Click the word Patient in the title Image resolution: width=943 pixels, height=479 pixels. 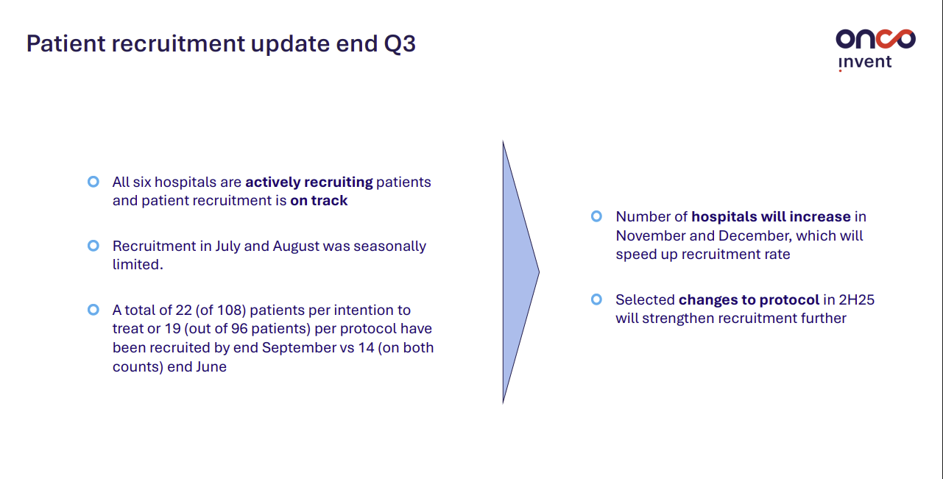click(x=66, y=43)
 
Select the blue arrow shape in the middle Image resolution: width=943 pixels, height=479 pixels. click(x=520, y=272)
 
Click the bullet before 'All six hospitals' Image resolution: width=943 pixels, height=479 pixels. click(x=93, y=182)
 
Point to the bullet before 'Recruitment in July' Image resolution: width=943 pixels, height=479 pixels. click(x=93, y=246)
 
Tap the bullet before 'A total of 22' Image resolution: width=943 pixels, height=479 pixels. click(x=93, y=310)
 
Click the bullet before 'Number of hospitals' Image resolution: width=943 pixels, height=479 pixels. click(x=596, y=216)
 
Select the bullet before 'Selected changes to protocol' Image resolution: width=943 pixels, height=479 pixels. click(x=596, y=299)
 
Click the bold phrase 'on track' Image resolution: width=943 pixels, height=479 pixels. click(x=319, y=201)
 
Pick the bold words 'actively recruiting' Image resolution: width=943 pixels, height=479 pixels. click(x=309, y=182)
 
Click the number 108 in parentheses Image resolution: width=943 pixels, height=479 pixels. click(x=231, y=311)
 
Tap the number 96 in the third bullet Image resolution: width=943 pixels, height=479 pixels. click(x=239, y=329)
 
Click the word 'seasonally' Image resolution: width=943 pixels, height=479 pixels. click(x=390, y=246)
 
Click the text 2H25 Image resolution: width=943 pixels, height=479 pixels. click(x=857, y=299)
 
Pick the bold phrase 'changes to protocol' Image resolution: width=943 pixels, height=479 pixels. click(x=749, y=300)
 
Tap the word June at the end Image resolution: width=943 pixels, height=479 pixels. click(x=211, y=366)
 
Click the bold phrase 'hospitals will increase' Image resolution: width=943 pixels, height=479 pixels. click(x=771, y=217)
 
